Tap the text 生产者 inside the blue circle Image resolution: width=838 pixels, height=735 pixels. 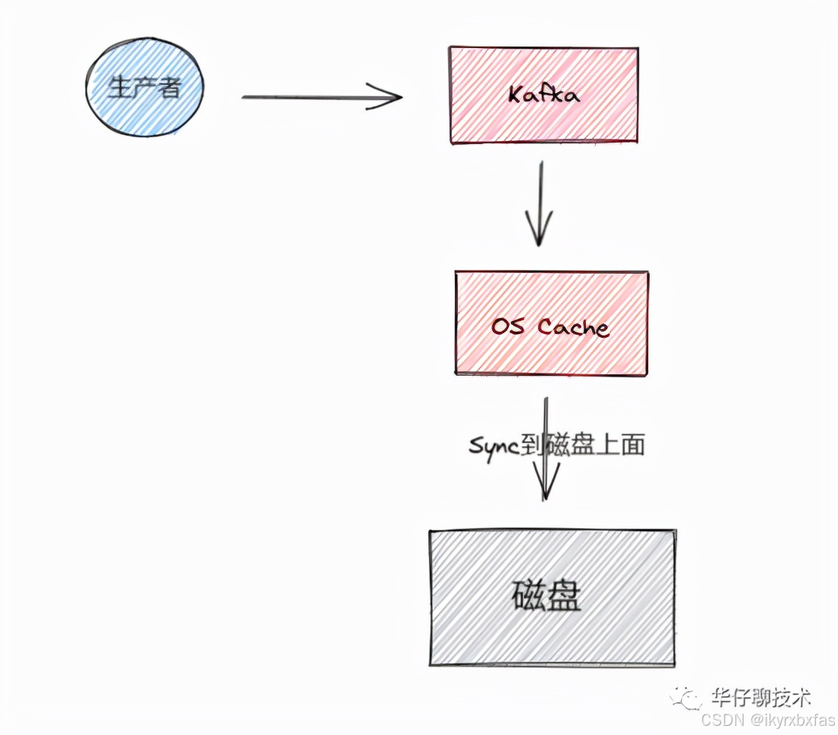pyautogui.click(x=145, y=88)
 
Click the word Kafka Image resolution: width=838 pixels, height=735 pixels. pyautogui.click(x=543, y=95)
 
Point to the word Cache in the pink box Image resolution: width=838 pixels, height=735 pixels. pyautogui.click(x=574, y=327)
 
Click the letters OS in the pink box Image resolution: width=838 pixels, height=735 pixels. pyautogui.click(x=508, y=327)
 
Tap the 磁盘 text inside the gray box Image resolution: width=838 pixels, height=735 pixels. pyautogui.click(x=546, y=596)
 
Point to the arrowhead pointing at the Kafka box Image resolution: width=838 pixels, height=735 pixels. pyautogui.click(x=389, y=97)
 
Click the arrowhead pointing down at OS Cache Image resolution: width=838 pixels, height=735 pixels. pyautogui.click(x=539, y=233)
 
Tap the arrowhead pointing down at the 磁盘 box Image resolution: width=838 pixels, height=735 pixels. pyautogui.click(x=545, y=484)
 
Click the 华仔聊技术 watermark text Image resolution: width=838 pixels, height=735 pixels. pyautogui.click(x=760, y=697)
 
